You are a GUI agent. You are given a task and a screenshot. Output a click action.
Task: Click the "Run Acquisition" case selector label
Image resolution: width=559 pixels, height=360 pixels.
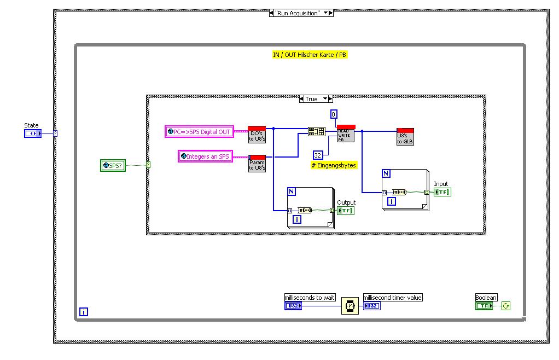(x=298, y=13)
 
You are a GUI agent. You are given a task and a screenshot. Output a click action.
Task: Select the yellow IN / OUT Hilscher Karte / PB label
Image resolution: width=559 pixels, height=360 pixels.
(x=310, y=55)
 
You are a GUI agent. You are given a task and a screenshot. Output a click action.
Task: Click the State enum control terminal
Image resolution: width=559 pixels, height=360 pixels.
(x=33, y=133)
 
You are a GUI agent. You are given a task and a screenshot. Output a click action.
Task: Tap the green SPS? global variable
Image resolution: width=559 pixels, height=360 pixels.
(x=113, y=165)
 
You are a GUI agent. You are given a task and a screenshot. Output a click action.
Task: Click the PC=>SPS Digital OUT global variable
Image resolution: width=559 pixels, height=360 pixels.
(x=199, y=131)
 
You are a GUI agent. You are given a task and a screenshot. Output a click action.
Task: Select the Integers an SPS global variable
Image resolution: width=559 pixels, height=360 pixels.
(x=206, y=156)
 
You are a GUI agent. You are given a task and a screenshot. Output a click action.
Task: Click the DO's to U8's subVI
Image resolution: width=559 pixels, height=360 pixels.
(x=257, y=133)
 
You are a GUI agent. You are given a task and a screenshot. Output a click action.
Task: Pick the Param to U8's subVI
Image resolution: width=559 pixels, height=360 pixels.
(x=257, y=164)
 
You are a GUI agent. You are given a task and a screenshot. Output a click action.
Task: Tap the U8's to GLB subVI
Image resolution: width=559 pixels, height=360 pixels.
(x=405, y=137)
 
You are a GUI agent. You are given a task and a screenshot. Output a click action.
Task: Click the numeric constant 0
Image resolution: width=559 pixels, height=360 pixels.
(x=334, y=114)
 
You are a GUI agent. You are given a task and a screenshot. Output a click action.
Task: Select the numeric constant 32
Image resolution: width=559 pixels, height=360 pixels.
(x=318, y=155)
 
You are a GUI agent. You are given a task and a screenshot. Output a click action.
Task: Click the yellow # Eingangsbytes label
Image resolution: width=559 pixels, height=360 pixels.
(x=334, y=165)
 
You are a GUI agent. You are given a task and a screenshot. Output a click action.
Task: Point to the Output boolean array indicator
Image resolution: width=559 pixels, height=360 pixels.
(x=346, y=211)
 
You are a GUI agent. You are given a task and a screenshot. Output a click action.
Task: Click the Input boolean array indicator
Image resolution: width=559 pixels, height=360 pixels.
(x=442, y=192)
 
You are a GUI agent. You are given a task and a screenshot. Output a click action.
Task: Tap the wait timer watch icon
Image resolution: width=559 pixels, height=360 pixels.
(x=350, y=305)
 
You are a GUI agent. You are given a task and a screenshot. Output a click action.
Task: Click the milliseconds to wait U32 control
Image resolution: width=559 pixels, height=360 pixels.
(x=293, y=306)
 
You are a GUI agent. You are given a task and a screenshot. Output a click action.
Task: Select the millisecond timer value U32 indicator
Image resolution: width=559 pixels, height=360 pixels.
(x=372, y=306)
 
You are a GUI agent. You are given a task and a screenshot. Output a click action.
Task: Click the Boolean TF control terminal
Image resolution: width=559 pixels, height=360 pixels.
(x=484, y=306)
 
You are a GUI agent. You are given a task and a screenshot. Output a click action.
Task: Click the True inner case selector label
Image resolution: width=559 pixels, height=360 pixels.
(x=312, y=99)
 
